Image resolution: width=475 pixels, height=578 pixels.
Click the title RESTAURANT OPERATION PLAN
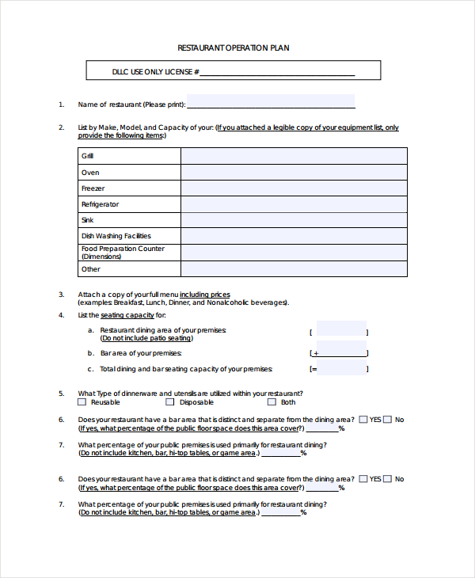click(x=234, y=48)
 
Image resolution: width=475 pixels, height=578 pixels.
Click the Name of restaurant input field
click(x=270, y=102)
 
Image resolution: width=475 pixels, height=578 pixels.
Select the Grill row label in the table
click(x=87, y=157)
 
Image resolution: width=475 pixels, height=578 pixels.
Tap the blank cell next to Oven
click(x=294, y=173)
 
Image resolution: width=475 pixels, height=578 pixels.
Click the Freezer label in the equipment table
click(x=93, y=188)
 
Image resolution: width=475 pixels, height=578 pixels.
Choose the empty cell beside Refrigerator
click(x=294, y=204)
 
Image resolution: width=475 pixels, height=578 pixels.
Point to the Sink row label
click(x=87, y=220)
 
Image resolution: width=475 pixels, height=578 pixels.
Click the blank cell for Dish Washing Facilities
click(x=294, y=236)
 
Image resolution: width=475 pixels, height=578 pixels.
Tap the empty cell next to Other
click(x=294, y=269)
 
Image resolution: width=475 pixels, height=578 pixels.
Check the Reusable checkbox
click(x=83, y=402)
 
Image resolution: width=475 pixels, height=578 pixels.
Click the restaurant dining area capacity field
click(x=340, y=329)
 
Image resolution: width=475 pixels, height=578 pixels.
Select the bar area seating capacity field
click(x=342, y=352)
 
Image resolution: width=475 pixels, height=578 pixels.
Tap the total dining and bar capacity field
click(x=342, y=368)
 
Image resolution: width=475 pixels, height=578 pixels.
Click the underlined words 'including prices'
click(x=211, y=295)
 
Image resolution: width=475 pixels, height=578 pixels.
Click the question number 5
click(x=61, y=394)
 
